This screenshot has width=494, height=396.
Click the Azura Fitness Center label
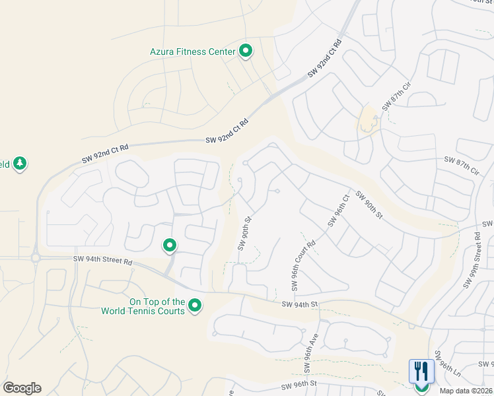click(x=192, y=51)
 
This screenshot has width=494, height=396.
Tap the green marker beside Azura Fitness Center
click(x=246, y=50)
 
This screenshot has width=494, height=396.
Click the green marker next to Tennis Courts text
click(x=195, y=306)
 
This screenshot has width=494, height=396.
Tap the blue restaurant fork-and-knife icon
click(x=421, y=372)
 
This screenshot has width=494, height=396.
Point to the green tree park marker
click(x=19, y=163)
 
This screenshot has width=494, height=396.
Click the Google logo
click(x=22, y=388)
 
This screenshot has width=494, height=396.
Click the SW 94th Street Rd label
click(x=104, y=261)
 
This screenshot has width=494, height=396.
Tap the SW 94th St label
click(x=300, y=304)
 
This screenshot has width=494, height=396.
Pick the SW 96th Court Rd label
click(x=302, y=266)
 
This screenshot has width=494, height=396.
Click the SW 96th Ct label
click(x=337, y=209)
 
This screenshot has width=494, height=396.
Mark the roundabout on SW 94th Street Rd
click(x=36, y=258)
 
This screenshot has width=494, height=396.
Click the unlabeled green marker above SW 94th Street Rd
click(x=170, y=246)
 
